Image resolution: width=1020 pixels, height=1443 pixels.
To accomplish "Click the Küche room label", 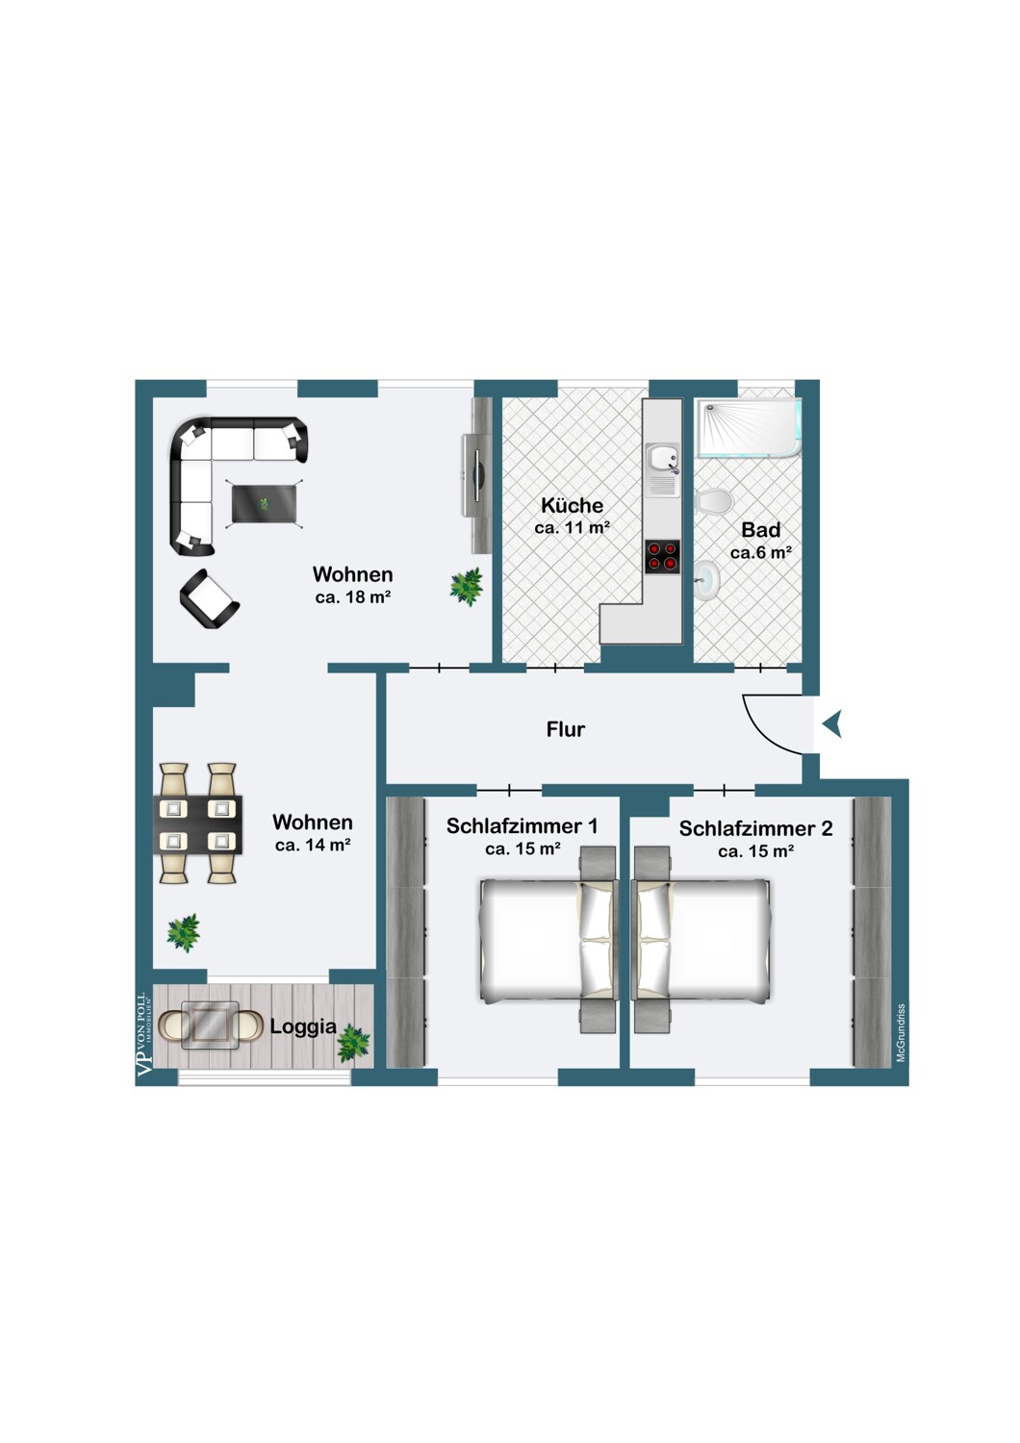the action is point(573,506).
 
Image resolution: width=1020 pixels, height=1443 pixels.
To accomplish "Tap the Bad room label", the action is point(761,530).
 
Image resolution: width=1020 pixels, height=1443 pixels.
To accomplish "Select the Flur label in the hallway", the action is point(566,729).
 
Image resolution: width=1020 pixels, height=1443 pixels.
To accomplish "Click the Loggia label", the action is point(303,1026).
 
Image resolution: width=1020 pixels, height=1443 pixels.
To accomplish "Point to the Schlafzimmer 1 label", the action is point(522,825).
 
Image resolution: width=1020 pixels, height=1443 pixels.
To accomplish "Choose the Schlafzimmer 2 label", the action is point(755,828).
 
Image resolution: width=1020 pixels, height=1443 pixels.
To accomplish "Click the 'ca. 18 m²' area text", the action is point(353,597).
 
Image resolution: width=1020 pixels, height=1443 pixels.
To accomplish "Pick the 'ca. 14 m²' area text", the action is point(313,845).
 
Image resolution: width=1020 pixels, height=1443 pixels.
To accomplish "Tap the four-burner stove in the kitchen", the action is point(662,557).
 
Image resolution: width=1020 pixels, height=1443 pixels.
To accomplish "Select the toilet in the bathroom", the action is point(714,501).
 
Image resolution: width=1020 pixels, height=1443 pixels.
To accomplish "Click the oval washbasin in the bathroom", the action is point(707,580).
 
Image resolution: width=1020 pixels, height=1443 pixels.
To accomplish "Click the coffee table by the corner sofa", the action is point(265,504).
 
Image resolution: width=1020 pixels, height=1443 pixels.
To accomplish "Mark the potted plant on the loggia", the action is point(353,1043).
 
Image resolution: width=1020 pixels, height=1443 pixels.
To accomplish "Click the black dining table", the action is point(198,824).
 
